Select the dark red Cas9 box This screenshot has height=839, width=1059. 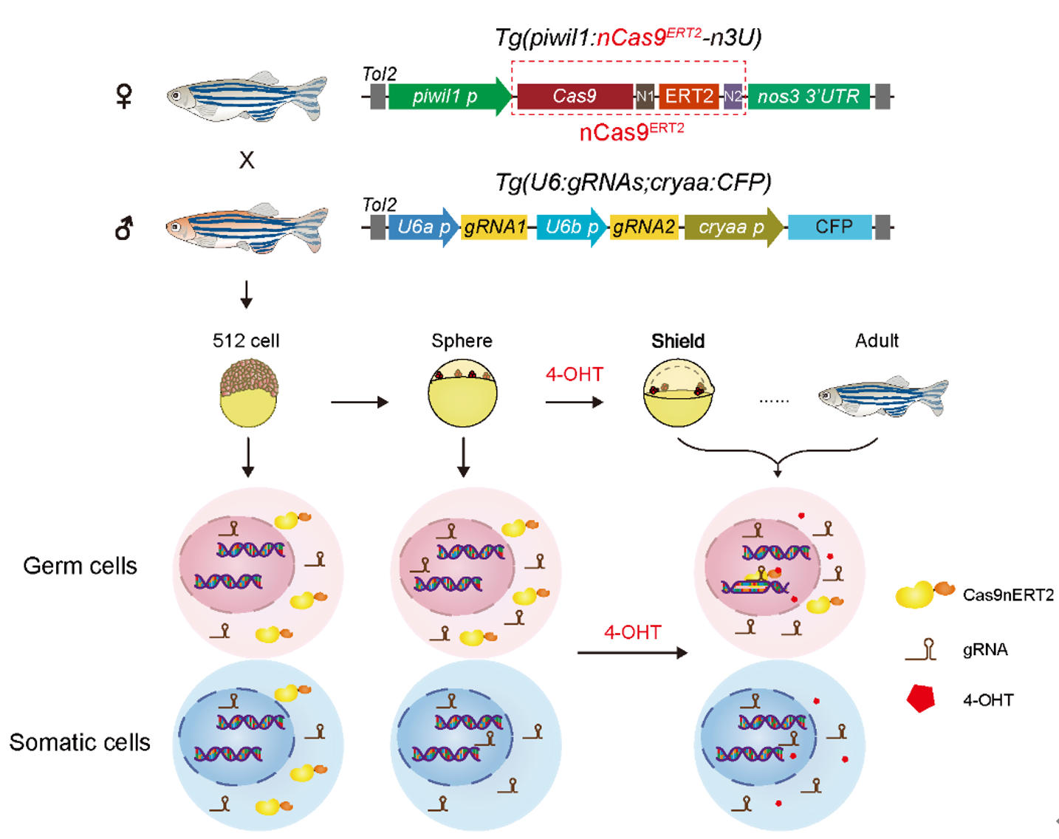click(575, 97)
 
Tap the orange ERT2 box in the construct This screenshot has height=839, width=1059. click(688, 97)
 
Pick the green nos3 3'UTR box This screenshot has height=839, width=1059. click(809, 97)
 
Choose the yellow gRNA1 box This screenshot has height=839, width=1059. click(494, 227)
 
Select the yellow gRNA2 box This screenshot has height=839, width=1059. click(644, 227)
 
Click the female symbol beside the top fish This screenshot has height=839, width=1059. click(124, 96)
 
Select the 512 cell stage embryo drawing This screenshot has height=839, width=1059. click(249, 393)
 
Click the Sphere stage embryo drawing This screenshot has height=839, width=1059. click(462, 394)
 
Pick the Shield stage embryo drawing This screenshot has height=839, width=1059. click(678, 393)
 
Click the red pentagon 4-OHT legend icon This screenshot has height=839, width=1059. click(921, 698)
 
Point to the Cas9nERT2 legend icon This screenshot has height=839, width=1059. click(923, 594)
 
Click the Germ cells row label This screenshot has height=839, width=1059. click(80, 566)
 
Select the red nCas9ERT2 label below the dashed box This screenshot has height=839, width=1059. click(631, 132)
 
